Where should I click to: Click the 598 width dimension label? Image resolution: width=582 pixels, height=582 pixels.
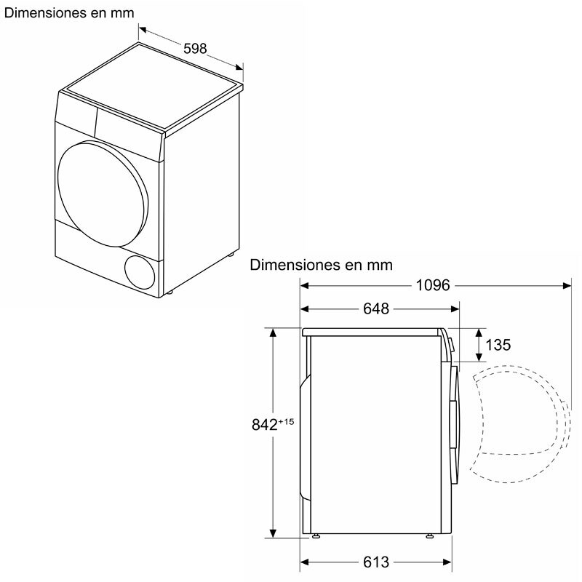tap(195, 49)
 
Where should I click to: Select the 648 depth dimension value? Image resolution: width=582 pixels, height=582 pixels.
tap(376, 309)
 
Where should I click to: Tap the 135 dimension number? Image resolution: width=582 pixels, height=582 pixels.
tap(498, 345)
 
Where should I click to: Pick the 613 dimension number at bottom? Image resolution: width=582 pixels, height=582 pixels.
tap(376, 562)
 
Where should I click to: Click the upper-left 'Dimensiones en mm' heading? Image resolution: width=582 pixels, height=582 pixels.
tap(68, 13)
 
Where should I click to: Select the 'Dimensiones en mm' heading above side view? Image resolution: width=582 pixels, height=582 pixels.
tap(321, 265)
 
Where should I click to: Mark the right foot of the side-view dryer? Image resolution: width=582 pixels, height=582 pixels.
tap(430, 538)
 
